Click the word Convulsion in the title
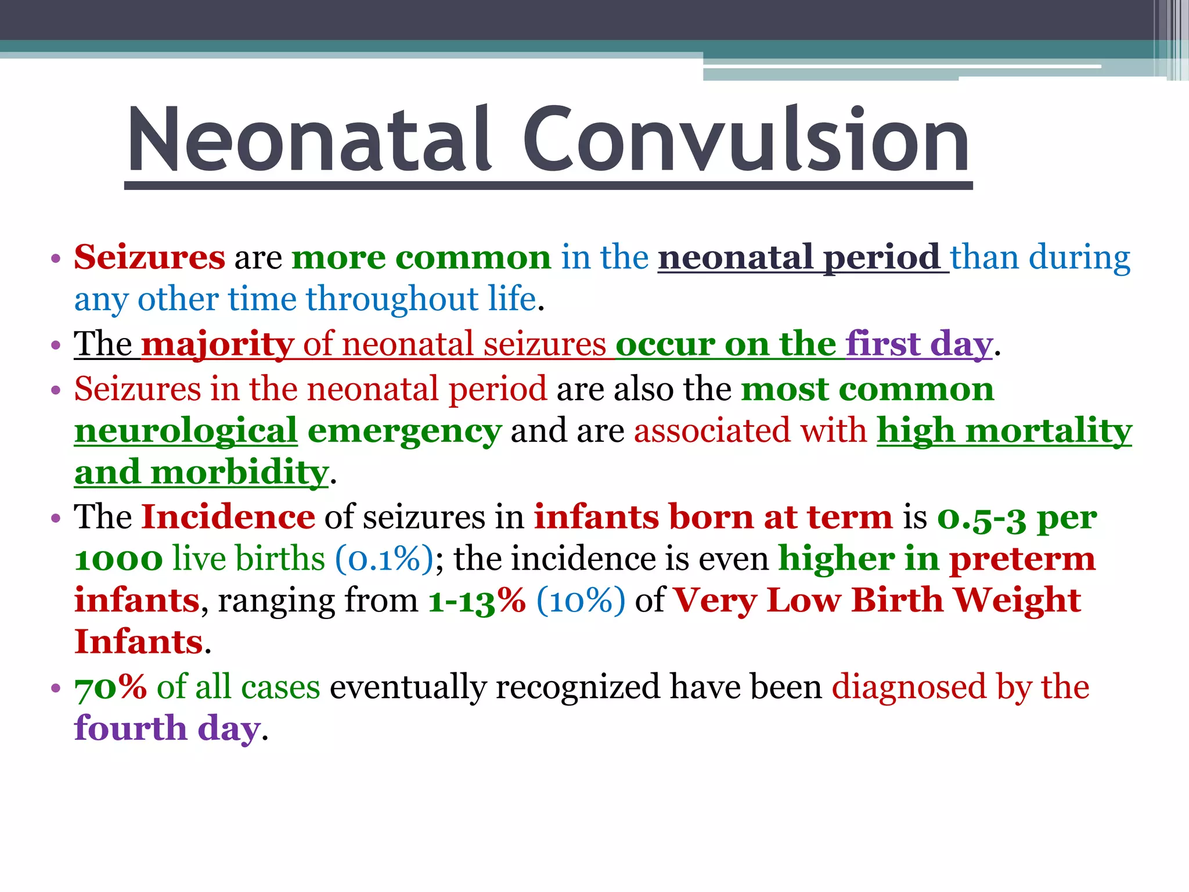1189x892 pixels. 746,141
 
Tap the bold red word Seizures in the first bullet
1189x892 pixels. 149,257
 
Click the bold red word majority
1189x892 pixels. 217,344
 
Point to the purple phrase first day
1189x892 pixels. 918,344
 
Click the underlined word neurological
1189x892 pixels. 186,431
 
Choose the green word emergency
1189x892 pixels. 404,431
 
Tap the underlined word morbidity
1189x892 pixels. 239,472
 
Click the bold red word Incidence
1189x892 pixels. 228,517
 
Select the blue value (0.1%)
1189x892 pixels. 384,559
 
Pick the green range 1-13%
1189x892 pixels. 477,600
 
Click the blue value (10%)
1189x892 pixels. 581,600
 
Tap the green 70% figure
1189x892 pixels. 110,688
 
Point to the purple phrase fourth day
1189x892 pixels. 167,729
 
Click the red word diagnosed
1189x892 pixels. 909,688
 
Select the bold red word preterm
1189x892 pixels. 1022,559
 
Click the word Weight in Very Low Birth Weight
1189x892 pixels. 1017,600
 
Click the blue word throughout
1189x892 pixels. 392,300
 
